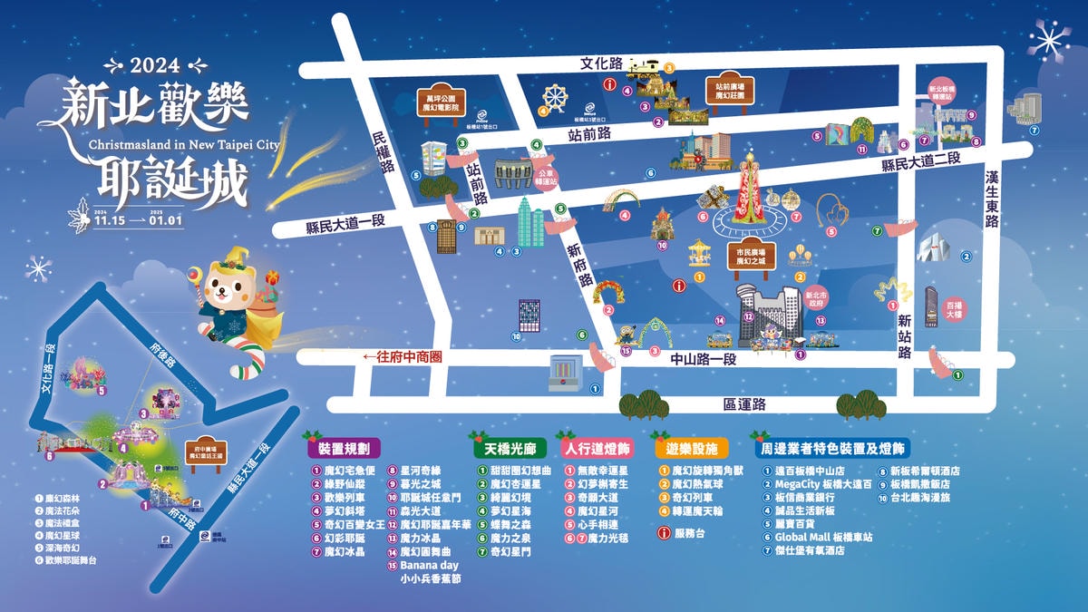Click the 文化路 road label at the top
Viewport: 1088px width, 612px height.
pos(602,63)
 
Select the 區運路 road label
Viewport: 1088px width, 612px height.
pos(745,403)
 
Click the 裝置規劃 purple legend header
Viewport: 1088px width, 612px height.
pos(344,449)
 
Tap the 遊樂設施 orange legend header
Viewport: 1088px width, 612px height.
pos(692,449)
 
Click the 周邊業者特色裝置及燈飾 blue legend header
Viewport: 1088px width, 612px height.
pos(831,449)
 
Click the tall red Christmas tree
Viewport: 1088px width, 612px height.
pos(749,190)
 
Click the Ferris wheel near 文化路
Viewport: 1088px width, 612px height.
pos(554,97)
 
